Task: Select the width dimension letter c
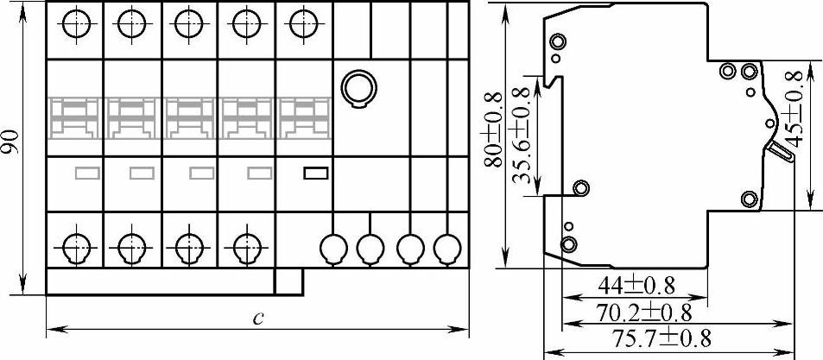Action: tap(257, 317)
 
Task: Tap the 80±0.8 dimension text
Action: tap(493, 129)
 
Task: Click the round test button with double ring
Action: tap(356, 86)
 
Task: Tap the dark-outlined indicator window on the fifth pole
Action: tap(315, 173)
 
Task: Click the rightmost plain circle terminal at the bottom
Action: tap(446, 249)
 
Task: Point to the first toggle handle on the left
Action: tap(75, 118)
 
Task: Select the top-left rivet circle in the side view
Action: tap(558, 42)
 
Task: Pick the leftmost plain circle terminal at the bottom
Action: tap(332, 249)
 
